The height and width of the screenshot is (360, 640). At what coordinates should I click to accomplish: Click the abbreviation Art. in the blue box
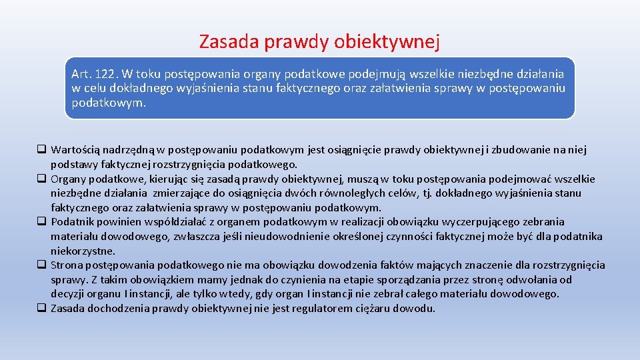pos(83,74)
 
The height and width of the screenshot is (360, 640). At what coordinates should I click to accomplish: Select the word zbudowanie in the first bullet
pos(515,149)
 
